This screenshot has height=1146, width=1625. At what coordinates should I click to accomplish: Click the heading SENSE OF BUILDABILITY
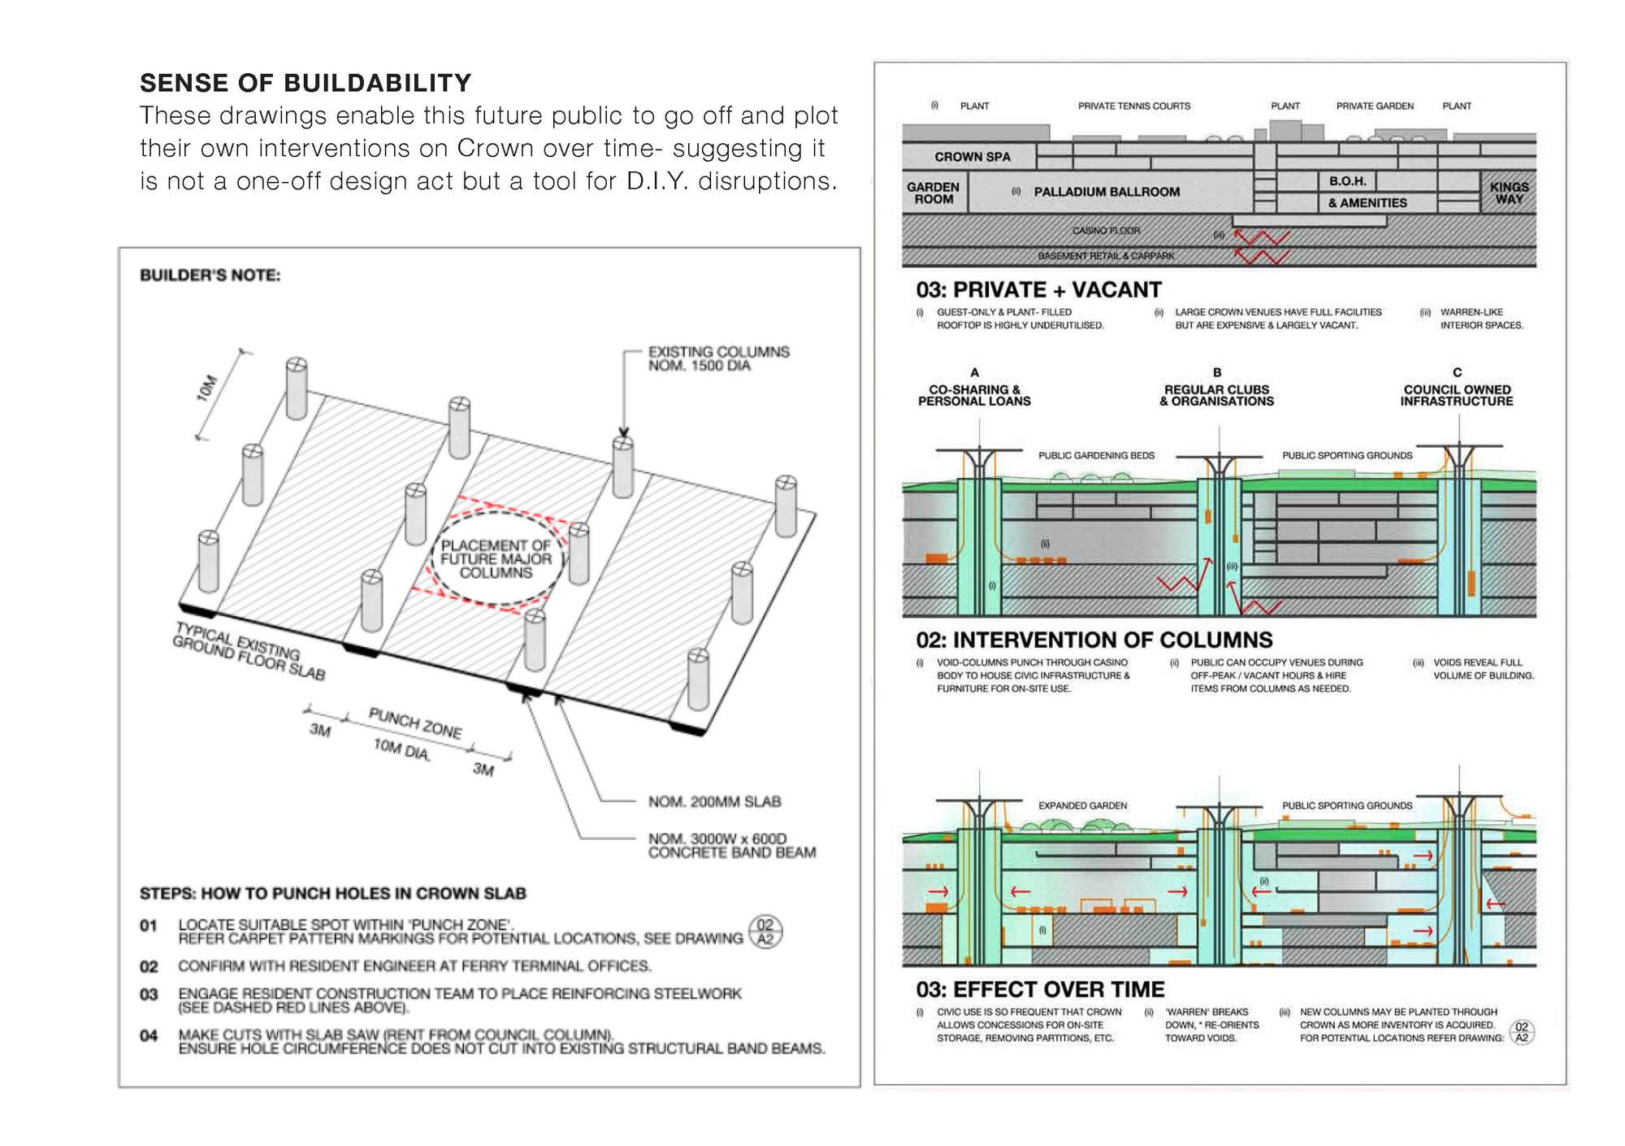(305, 83)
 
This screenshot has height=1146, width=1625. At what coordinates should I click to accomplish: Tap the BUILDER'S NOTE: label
(210, 276)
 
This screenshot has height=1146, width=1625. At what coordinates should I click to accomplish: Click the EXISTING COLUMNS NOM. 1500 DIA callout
(718, 358)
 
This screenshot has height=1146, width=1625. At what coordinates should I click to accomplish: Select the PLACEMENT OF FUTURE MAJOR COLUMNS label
(496, 559)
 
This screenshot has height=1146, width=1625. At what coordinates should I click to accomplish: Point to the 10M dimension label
(207, 388)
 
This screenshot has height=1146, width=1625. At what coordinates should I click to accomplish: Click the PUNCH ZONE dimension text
(415, 723)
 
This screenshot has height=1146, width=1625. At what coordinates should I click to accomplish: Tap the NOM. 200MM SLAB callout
(714, 802)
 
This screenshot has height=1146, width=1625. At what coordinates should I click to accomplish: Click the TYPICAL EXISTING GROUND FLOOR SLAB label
(249, 651)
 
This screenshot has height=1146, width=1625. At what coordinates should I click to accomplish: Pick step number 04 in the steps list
(149, 1035)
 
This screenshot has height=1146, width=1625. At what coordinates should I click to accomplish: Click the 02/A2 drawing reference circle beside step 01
(765, 931)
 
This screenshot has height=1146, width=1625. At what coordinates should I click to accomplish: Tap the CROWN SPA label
(972, 157)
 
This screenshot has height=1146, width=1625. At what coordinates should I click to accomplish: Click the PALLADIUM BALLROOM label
(1107, 192)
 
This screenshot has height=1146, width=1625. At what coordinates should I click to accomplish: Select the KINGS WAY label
(1509, 193)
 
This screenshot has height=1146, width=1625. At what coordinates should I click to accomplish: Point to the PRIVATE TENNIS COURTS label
(1133, 106)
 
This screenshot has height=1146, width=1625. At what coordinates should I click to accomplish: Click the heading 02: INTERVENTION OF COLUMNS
(1094, 640)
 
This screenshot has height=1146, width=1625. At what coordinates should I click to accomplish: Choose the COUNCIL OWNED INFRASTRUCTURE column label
(1456, 396)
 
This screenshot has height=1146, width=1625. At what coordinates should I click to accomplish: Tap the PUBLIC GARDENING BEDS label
(1096, 455)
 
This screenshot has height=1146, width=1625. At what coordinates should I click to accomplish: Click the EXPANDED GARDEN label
(1082, 805)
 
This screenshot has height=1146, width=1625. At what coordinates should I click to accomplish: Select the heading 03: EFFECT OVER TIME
(1040, 989)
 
